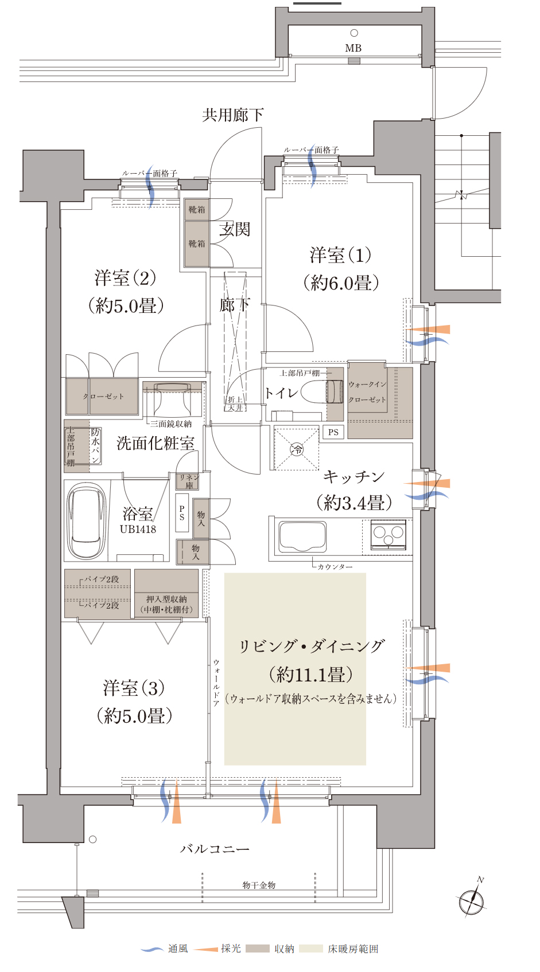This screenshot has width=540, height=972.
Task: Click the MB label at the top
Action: tap(353, 48)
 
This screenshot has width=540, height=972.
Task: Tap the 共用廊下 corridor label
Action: tap(233, 115)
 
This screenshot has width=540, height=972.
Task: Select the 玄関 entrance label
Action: tap(235, 229)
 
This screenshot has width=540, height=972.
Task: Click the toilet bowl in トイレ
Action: tap(322, 391)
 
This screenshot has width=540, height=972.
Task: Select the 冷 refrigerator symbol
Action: tap(297, 449)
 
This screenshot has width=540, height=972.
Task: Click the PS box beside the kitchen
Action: tap(333, 432)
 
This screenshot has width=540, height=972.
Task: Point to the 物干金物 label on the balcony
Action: tap(259, 885)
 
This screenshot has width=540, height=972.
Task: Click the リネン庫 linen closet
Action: tap(189, 481)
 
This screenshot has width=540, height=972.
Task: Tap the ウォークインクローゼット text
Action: tap(367, 392)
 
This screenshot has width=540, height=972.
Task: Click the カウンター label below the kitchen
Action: tap(335, 567)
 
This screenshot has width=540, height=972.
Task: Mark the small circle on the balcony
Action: tap(92, 840)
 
